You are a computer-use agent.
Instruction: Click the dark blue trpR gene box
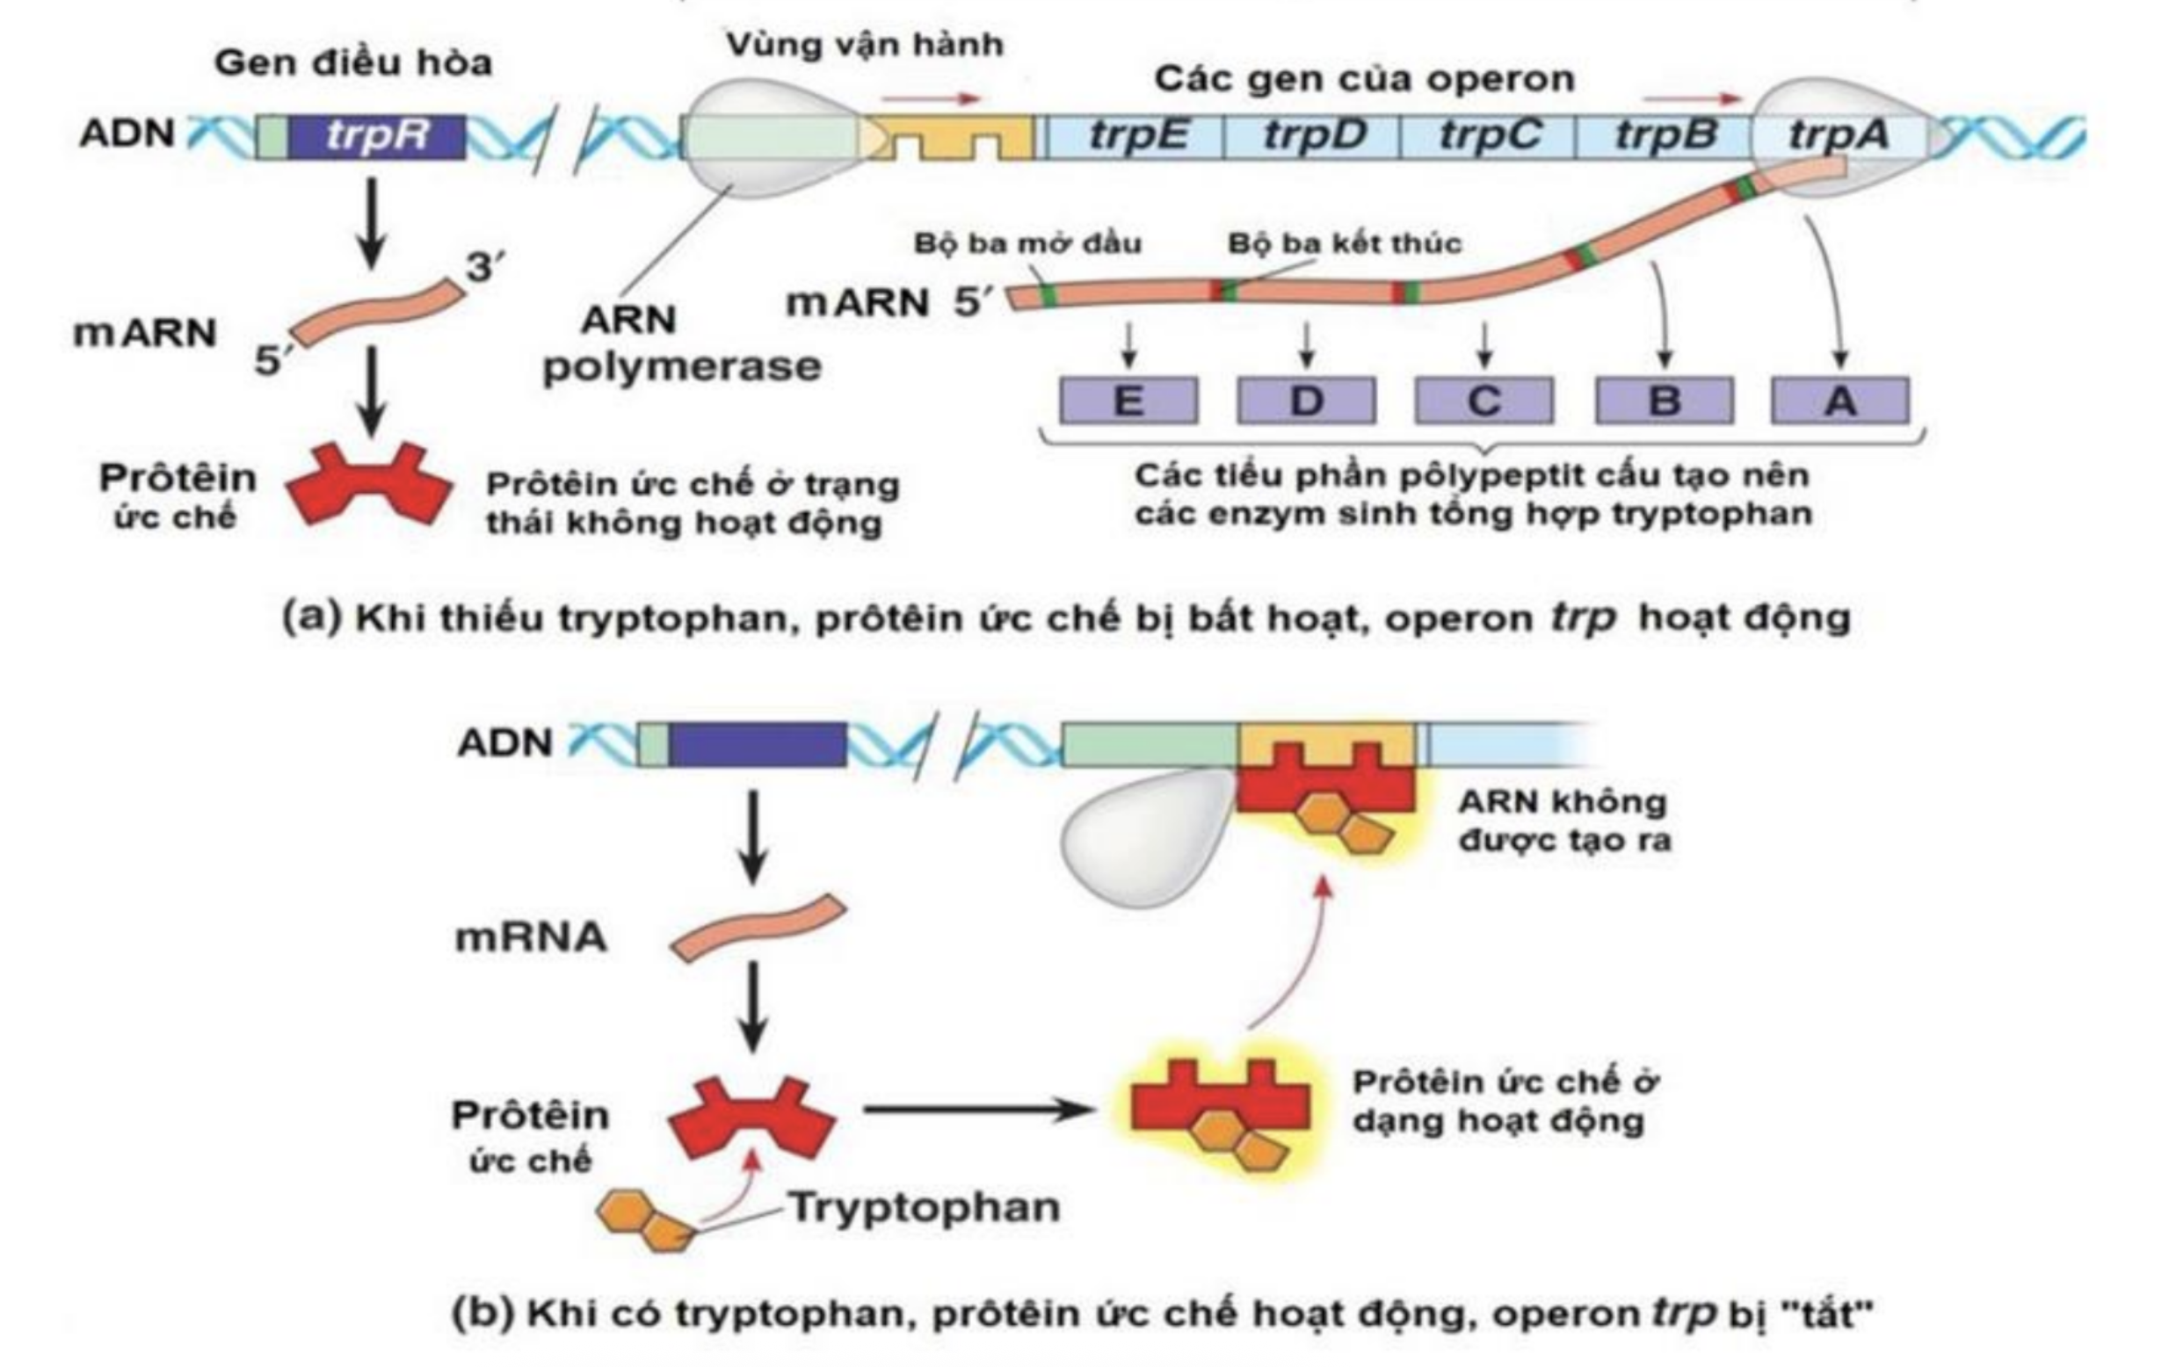click(376, 137)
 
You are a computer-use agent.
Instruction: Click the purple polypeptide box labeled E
click(1128, 401)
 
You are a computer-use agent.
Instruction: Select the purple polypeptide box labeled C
click(1483, 401)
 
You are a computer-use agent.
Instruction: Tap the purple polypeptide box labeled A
click(1839, 401)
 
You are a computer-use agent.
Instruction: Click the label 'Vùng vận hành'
click(865, 45)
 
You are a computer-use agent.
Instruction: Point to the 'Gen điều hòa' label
click(353, 63)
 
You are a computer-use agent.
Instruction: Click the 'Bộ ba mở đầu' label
click(1026, 243)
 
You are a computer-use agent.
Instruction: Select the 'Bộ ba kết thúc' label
click(1344, 243)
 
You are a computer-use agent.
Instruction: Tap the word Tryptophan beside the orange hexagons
click(925, 1207)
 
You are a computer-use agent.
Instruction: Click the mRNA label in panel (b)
click(531, 937)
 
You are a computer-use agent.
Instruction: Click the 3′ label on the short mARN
click(484, 267)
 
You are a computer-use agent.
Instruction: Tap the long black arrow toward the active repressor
click(977, 1110)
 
